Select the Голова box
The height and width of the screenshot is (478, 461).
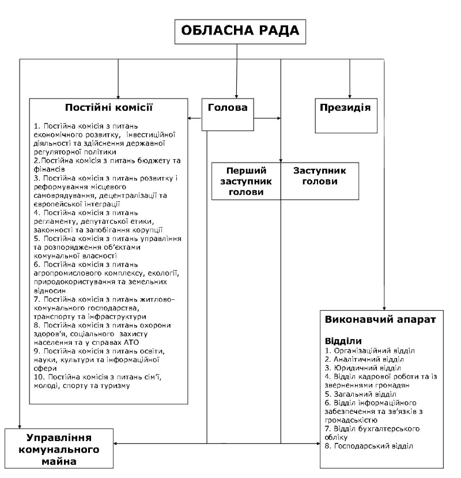click(x=228, y=107)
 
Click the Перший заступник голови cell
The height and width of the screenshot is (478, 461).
click(x=245, y=181)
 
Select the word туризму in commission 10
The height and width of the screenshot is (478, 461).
click(x=119, y=386)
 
